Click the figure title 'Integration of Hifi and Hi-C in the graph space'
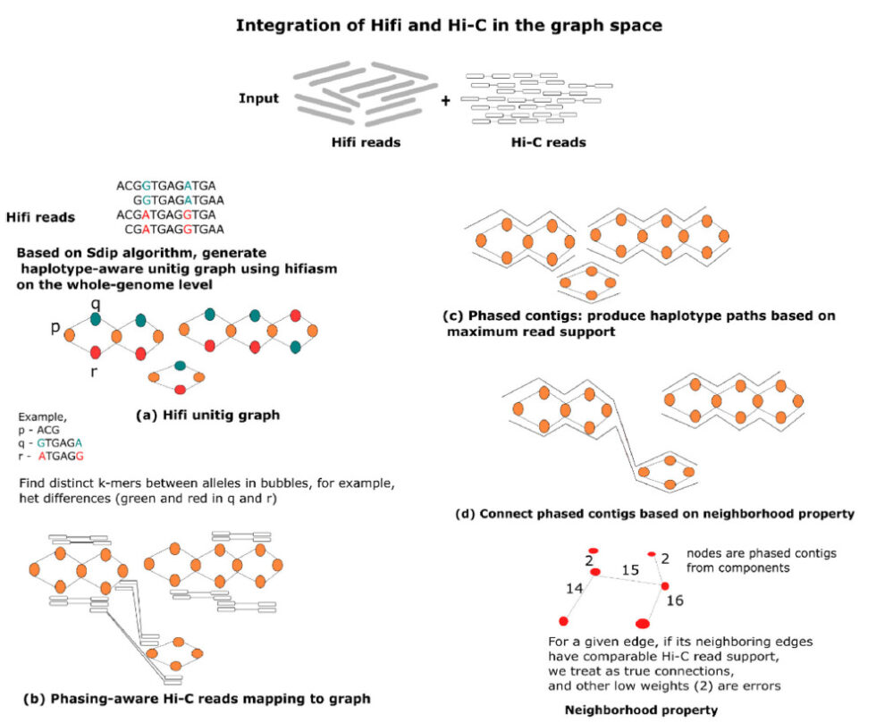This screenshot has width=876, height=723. coord(448,25)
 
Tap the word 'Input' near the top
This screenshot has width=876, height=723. coord(259,98)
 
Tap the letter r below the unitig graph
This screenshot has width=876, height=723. coord(93,371)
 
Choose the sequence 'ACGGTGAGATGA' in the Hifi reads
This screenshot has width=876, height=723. coord(166,186)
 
